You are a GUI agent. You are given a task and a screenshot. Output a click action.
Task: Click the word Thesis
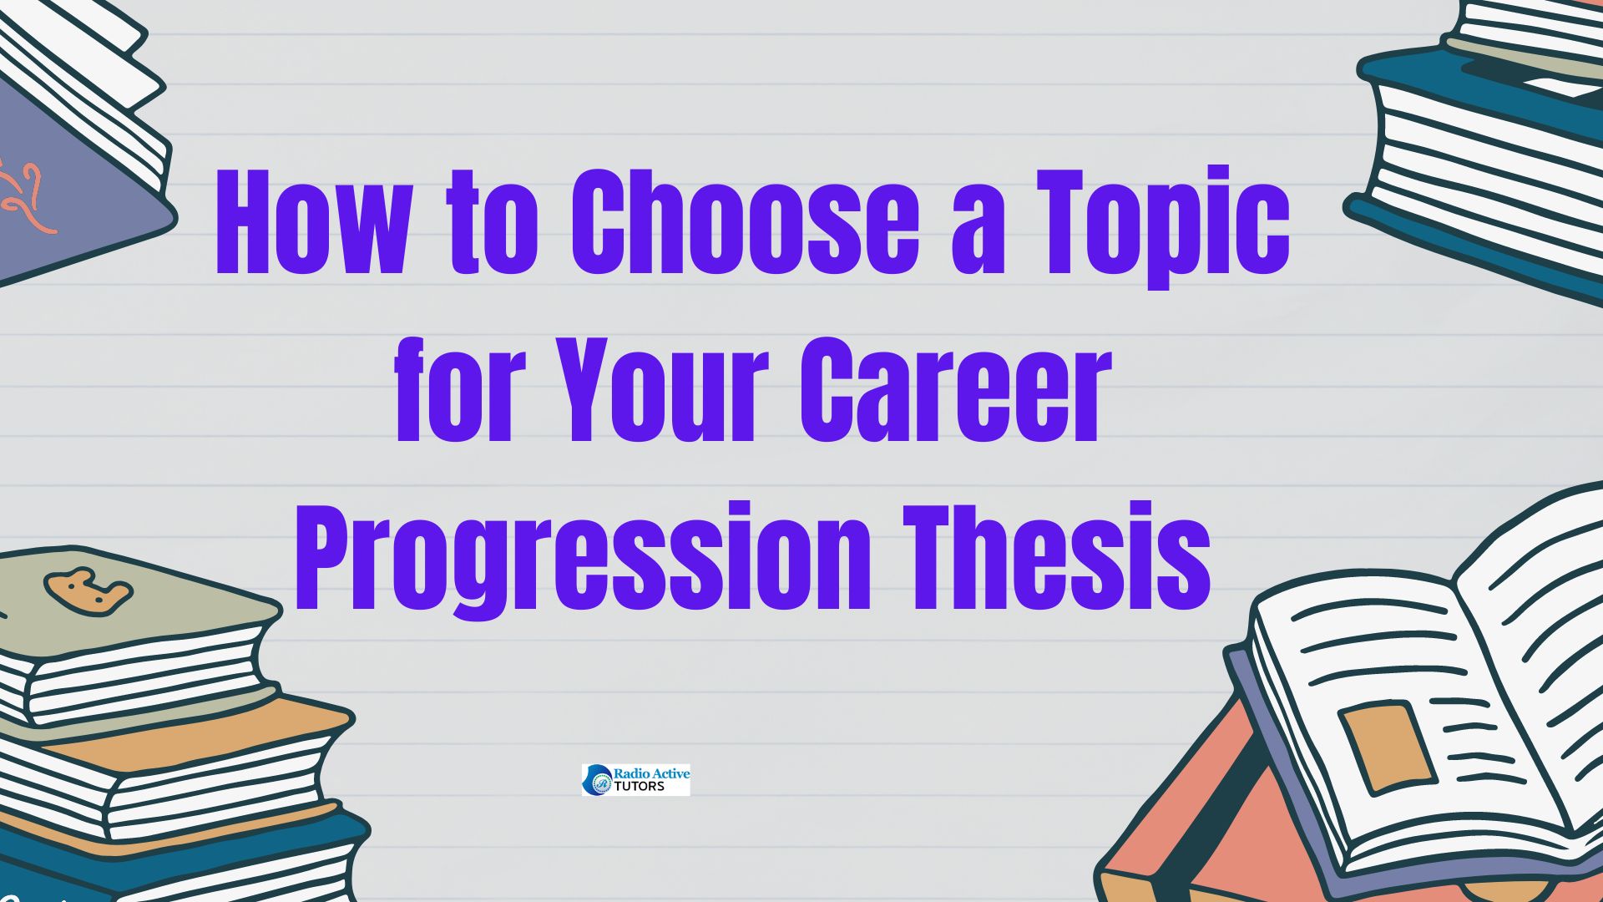pos(1056,557)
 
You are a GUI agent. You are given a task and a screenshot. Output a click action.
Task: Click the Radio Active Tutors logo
pos(636,779)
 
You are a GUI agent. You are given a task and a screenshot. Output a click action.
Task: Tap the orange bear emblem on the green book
pos(87,590)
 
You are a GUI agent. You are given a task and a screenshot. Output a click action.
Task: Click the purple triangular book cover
pos(67,192)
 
